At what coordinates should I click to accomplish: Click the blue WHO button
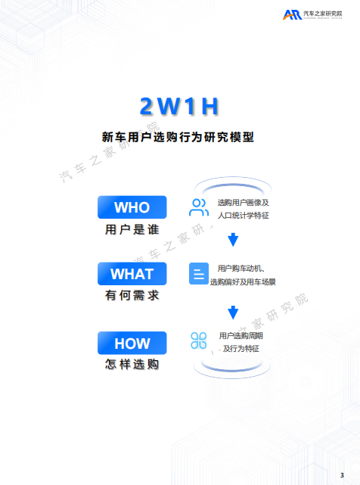(132, 207)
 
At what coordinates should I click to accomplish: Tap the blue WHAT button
(132, 274)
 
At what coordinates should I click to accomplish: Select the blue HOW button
(132, 343)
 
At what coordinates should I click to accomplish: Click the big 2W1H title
(179, 107)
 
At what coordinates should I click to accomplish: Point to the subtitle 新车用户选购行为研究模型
(178, 137)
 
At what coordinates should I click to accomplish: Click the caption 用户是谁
(132, 229)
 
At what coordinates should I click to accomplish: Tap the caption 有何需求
(132, 295)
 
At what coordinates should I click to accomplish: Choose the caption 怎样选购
(132, 364)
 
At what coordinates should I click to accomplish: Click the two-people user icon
(199, 207)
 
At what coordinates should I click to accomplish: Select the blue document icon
(199, 274)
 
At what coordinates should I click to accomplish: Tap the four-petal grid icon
(199, 340)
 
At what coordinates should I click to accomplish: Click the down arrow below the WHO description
(233, 240)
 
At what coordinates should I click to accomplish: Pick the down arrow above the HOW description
(233, 312)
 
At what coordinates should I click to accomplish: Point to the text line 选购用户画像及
(243, 203)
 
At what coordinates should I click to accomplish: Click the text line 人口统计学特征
(243, 216)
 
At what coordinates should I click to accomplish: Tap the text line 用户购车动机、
(241, 269)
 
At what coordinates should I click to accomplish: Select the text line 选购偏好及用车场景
(243, 281)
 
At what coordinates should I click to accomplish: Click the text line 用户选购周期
(241, 336)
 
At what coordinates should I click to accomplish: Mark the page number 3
(342, 475)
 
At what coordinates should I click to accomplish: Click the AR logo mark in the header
(292, 14)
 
